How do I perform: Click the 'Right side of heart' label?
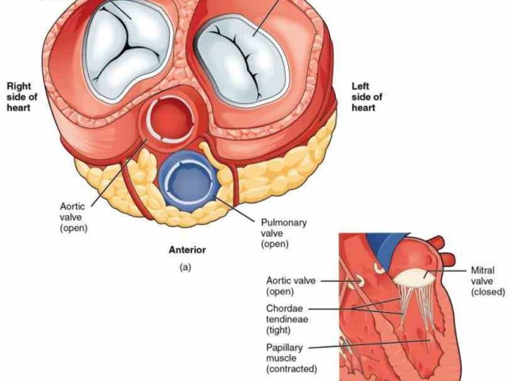(22, 97)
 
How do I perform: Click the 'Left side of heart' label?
(367, 97)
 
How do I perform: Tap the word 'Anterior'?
(187, 250)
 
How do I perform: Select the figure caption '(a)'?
(185, 267)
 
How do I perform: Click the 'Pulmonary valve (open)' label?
(284, 233)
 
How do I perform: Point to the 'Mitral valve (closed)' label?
(487, 281)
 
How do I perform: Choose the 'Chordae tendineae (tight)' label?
(287, 319)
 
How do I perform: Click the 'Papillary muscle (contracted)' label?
(291, 358)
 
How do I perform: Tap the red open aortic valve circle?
(168, 120)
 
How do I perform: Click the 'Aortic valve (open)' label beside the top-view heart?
(74, 217)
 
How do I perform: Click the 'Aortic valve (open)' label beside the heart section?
(291, 286)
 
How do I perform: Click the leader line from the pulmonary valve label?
(233, 208)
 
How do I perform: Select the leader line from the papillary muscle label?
(369, 344)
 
